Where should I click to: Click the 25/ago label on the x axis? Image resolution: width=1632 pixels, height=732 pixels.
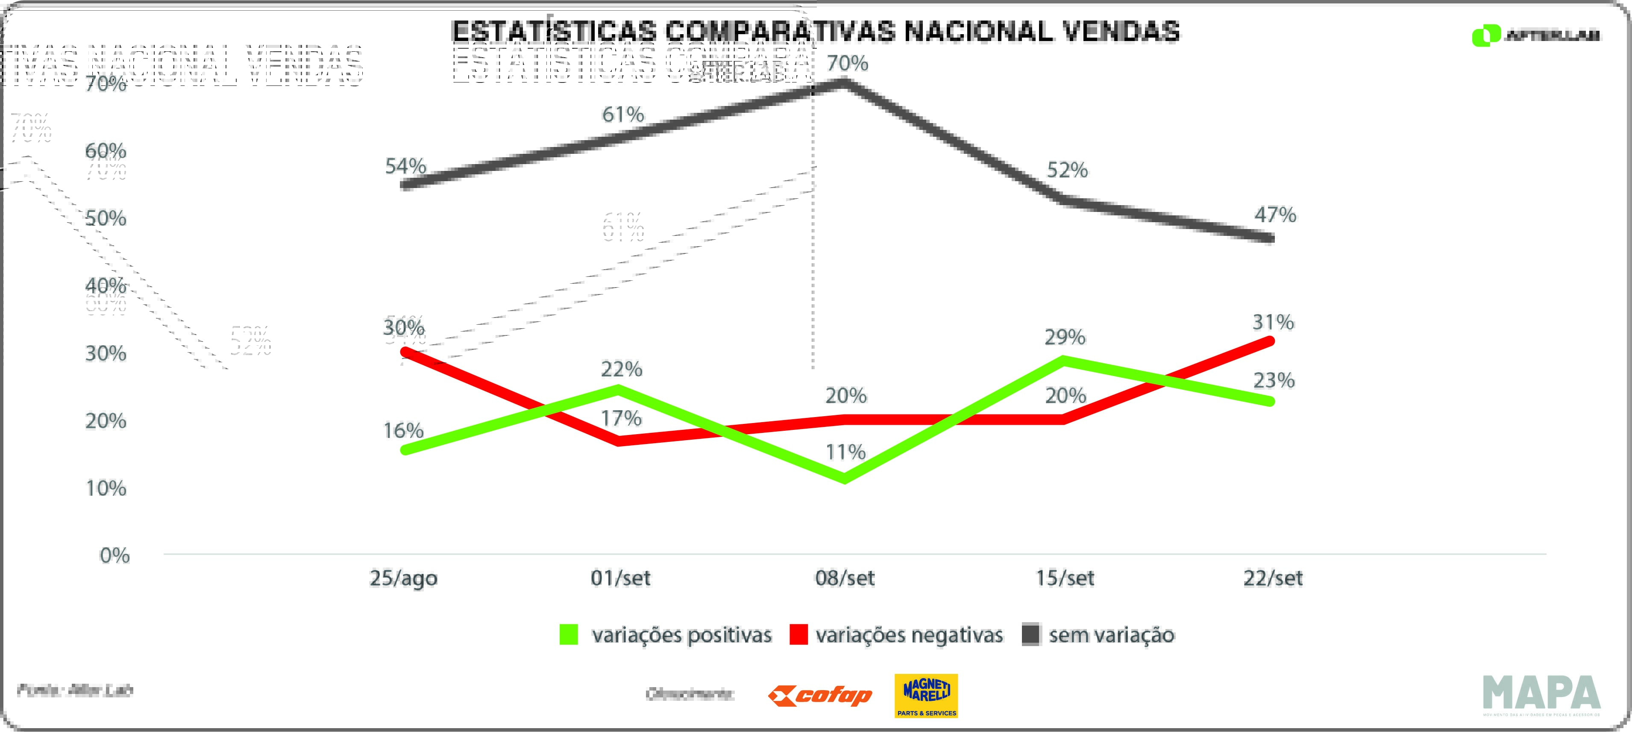coord(404,578)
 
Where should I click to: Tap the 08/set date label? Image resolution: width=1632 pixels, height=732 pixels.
coord(845,578)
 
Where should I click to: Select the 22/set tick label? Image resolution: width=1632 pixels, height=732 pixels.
coord(1273,578)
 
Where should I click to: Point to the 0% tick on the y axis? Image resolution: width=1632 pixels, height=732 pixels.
coord(114,556)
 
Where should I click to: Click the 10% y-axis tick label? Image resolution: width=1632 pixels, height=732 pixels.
coord(106,488)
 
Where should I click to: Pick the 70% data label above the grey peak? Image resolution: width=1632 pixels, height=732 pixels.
coord(847,63)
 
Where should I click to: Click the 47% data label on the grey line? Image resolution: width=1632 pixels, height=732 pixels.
coord(1275,215)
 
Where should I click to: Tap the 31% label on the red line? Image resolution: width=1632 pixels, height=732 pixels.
coord(1273,323)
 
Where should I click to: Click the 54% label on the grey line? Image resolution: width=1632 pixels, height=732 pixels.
coord(405,166)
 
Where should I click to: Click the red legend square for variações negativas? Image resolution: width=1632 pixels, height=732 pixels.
coord(798,635)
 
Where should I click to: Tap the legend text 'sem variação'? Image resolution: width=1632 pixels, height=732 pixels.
coord(1111,635)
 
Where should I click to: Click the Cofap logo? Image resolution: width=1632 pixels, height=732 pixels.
coord(820,696)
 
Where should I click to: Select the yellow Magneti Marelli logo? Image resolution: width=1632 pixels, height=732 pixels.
coord(926,695)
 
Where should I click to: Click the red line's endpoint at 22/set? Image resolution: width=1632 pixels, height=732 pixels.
coord(1270,341)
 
